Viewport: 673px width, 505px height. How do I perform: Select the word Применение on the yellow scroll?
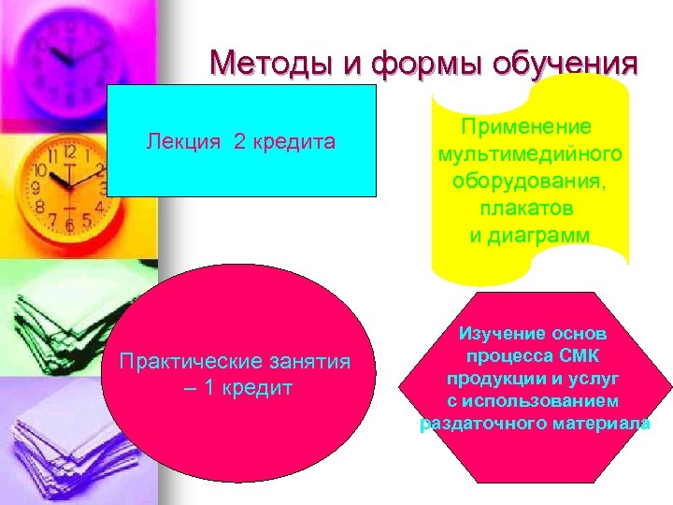[530, 127]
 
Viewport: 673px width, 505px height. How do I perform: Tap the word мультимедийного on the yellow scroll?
[530, 153]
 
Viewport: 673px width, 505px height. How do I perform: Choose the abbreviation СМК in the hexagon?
[580, 355]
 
